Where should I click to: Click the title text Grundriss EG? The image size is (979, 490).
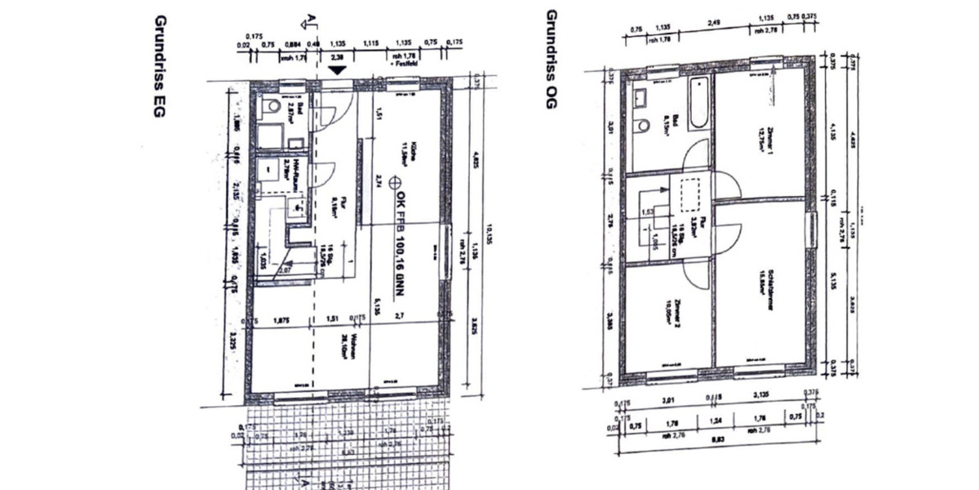tap(160, 66)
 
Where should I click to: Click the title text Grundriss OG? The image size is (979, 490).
tap(552, 58)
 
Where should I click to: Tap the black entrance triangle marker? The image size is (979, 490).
tap(335, 72)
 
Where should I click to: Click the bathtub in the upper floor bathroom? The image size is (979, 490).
tap(698, 104)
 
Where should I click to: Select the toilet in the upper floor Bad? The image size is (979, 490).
tap(645, 127)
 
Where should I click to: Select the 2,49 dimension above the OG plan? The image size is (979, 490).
tap(714, 22)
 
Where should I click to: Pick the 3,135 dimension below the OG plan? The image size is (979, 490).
tap(761, 400)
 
